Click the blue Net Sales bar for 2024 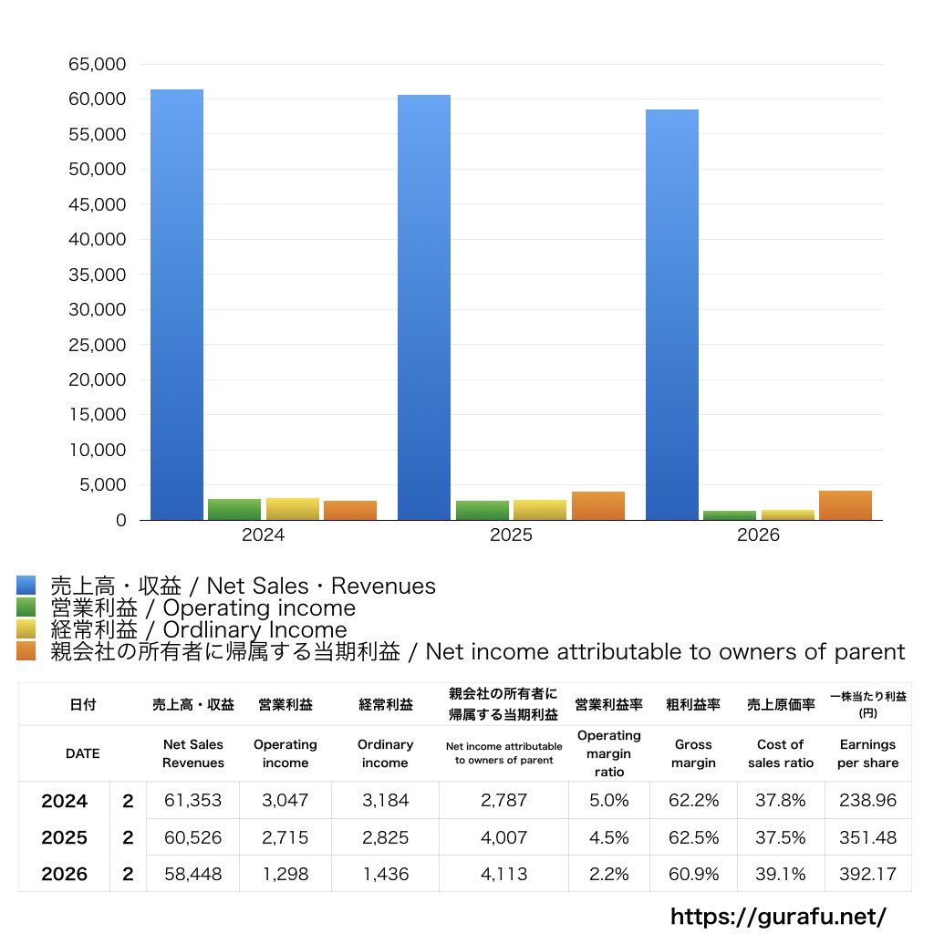point(177,305)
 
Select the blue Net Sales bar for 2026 point(672,315)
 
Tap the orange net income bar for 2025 point(598,505)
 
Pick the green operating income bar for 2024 point(234,509)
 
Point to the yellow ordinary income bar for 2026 point(787,515)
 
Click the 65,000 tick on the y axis point(97,65)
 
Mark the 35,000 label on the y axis point(97,275)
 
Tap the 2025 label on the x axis point(511,534)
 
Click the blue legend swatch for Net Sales point(26,586)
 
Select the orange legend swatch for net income point(26,651)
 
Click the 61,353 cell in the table point(193,800)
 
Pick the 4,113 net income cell point(503,874)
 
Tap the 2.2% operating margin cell point(608,874)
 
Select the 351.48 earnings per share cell point(868,837)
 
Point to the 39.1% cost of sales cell point(781,874)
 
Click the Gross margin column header point(693,753)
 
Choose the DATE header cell point(83,753)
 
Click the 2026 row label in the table point(65,874)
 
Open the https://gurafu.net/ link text point(778,916)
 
